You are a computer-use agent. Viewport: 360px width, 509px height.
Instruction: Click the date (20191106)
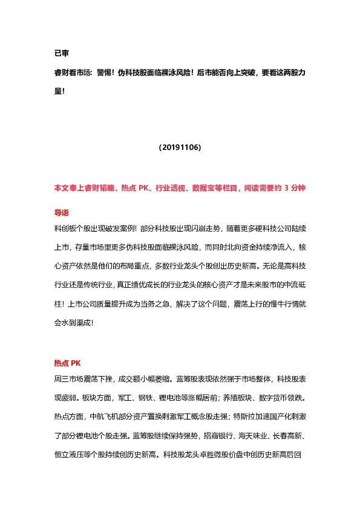coord(180,147)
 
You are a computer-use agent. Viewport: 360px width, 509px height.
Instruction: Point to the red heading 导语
coord(62,213)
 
